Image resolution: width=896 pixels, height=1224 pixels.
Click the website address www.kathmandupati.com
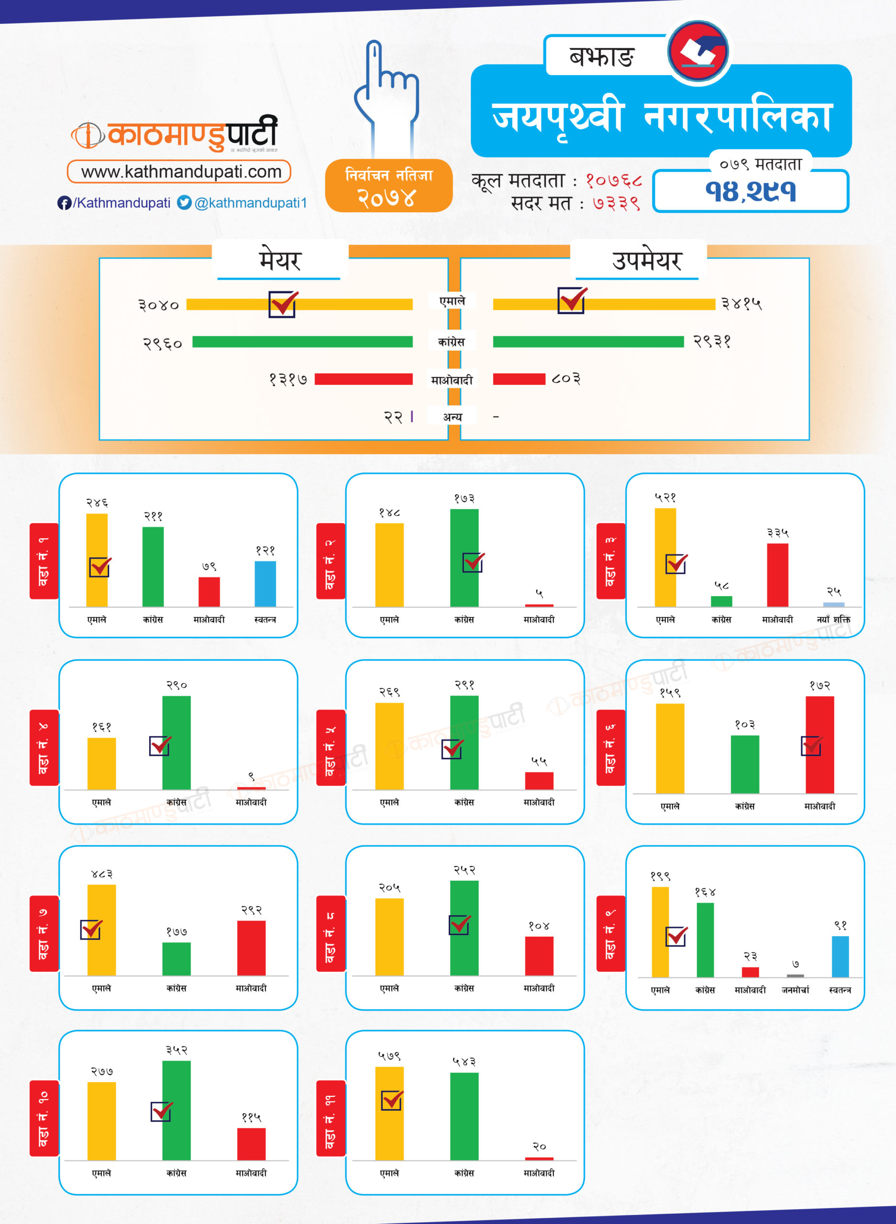(181, 172)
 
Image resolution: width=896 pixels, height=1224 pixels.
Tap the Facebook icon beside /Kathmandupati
(64, 203)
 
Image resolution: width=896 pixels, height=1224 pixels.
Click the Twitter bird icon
(184, 202)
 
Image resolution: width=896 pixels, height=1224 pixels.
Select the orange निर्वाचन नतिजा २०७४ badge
(388, 186)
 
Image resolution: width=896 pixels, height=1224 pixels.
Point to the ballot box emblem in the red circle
(698, 52)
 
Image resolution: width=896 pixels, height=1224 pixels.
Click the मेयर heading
(279, 261)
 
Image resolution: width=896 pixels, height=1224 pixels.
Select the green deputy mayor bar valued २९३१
(588, 341)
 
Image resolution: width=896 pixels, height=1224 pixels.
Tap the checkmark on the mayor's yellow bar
(283, 304)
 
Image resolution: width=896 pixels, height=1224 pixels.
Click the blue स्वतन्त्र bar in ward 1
(265, 584)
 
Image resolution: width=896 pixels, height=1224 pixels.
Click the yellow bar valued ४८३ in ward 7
(101, 930)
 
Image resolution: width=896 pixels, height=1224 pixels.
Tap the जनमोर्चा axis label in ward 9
(795, 990)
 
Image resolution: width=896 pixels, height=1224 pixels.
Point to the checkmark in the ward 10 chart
(161, 1111)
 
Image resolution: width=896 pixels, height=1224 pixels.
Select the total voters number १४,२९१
(751, 191)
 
